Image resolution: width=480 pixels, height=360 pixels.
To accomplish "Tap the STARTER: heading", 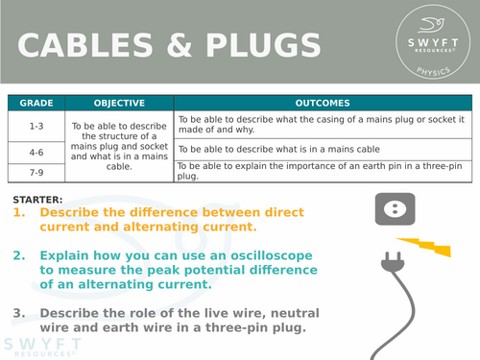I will pos(39,199).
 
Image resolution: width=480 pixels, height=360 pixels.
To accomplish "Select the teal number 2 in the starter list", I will pos(19,255).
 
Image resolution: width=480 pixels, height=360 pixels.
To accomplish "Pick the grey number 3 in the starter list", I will pos(19,312).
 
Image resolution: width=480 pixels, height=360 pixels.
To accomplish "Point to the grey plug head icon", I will pos(393,260).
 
